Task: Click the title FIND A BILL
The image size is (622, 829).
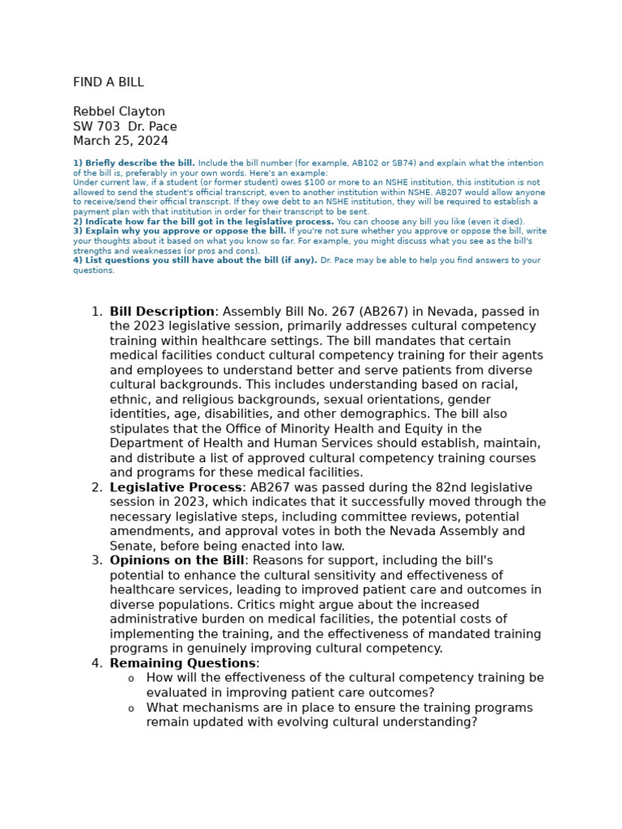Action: [x=109, y=83]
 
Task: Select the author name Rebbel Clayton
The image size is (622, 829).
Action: [x=119, y=112]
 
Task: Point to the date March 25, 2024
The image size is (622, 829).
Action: [x=121, y=141]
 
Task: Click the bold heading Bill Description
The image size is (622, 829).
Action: [x=162, y=312]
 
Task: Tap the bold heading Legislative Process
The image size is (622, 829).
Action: [x=176, y=487]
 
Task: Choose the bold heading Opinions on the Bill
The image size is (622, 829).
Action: [x=177, y=560]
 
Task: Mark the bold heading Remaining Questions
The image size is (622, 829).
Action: [x=182, y=663]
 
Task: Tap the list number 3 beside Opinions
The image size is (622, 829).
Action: [x=96, y=560]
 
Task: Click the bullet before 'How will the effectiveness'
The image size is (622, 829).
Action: [x=131, y=678]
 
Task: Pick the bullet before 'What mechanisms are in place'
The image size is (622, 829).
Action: [x=131, y=708]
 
